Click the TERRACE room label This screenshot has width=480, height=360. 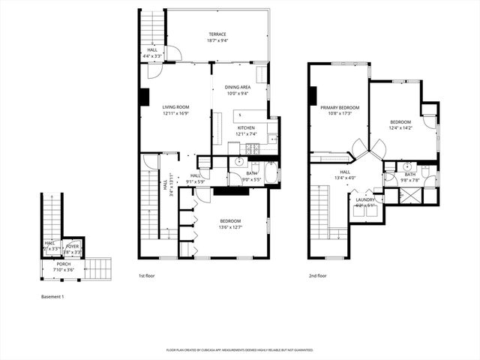(x=217, y=34)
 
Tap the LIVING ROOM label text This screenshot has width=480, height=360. (x=176, y=107)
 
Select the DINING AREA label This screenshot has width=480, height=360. (x=237, y=88)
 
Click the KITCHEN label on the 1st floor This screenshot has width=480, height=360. (x=246, y=128)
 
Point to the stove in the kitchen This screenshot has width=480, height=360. (x=255, y=148)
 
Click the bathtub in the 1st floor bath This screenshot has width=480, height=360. (x=271, y=175)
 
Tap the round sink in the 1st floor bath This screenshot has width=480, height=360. (x=239, y=161)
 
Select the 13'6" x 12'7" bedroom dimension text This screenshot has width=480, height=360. (x=230, y=226)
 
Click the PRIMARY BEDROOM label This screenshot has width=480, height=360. (x=340, y=108)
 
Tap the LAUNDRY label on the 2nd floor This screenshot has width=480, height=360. (x=365, y=199)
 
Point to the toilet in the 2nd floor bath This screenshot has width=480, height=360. (x=425, y=172)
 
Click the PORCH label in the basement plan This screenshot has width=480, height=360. (x=64, y=264)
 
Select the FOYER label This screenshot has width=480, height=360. (x=73, y=246)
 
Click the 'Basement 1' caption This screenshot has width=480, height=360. (x=52, y=297)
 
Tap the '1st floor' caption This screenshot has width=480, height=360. (x=147, y=275)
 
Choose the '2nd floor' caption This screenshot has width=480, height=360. (x=317, y=275)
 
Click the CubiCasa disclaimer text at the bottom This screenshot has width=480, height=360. (x=239, y=349)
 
